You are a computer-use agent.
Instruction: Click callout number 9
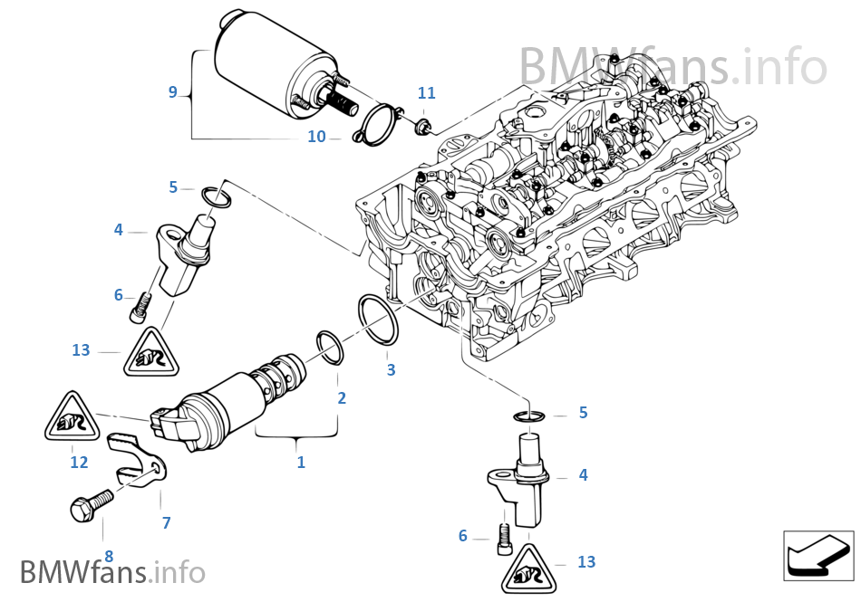(x=172, y=91)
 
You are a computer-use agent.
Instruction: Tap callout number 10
(x=316, y=138)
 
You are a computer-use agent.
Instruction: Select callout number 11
(x=426, y=93)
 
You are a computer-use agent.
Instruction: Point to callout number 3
(x=391, y=369)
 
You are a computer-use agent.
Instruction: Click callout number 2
(x=342, y=397)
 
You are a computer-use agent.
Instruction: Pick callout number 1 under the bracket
(x=301, y=463)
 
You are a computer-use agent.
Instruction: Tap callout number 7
(x=166, y=522)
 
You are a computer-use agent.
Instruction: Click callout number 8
(x=109, y=556)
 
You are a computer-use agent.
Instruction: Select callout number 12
(x=80, y=463)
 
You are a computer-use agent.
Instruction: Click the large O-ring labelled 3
(x=379, y=319)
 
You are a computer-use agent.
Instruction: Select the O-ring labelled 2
(x=330, y=347)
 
